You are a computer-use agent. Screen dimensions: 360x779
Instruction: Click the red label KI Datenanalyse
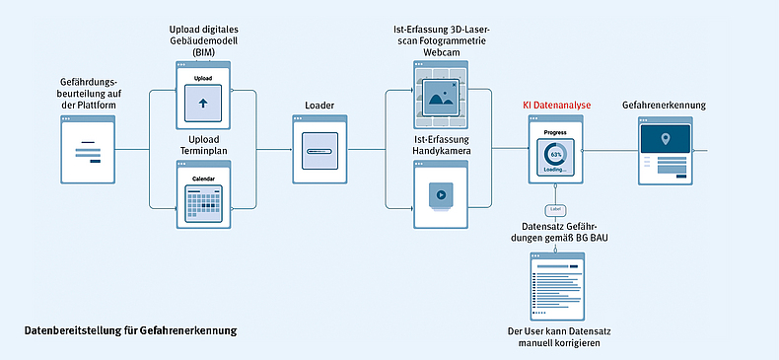[555, 104]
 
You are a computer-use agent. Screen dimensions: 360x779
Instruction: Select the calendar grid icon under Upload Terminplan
[203, 203]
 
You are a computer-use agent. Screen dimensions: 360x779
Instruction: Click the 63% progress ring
[555, 155]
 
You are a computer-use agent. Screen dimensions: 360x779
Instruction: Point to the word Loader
[319, 104]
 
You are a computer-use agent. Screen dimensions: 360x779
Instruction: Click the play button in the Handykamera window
[441, 194]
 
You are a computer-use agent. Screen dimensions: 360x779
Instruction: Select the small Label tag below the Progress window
[555, 210]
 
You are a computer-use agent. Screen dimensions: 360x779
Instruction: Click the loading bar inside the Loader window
[319, 152]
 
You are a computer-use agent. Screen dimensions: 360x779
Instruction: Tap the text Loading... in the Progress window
[555, 170]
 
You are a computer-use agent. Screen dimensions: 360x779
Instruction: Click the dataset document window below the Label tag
[555, 284]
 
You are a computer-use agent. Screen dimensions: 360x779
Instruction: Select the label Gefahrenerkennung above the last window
[664, 106]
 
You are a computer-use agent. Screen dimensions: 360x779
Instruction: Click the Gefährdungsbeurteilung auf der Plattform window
[88, 150]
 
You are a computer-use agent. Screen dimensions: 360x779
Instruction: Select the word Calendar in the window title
[203, 179]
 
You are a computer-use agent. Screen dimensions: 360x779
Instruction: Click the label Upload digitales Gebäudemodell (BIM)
[203, 40]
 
